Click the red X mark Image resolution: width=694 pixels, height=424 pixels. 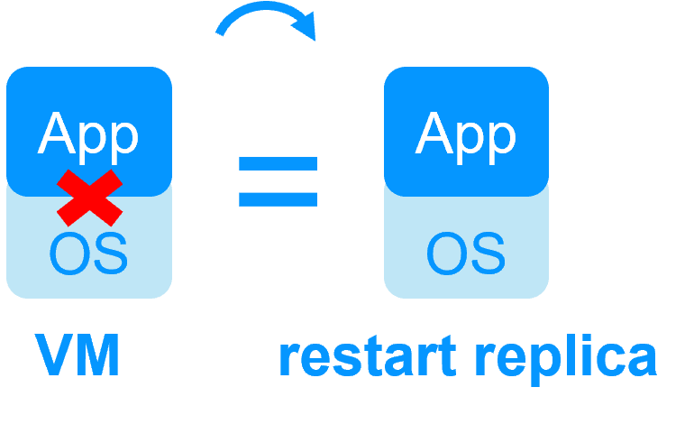pos(89,197)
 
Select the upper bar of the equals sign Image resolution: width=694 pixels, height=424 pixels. pos(278,164)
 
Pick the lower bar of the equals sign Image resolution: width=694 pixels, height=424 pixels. pos(278,198)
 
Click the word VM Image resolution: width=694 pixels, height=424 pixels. pos(78,356)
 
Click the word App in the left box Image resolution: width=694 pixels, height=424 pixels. pos(88,134)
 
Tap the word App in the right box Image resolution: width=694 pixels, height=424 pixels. pos(466,134)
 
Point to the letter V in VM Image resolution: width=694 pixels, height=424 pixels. pos(56,356)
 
